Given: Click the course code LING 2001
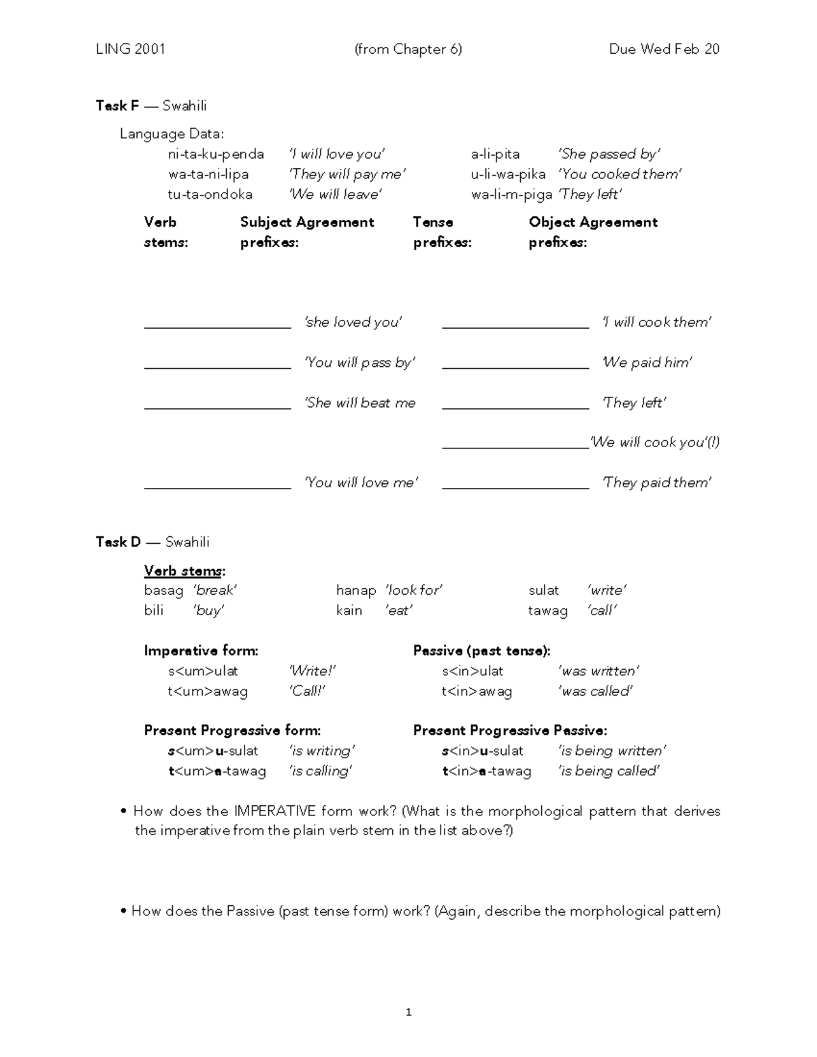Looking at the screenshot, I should click(130, 49).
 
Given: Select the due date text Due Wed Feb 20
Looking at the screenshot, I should click(664, 49).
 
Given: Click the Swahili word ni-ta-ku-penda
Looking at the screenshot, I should click(216, 154).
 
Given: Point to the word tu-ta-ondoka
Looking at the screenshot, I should click(210, 194).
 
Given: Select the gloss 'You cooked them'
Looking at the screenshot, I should click(620, 174).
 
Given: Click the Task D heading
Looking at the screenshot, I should click(118, 542).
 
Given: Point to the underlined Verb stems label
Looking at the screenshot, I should click(183, 570).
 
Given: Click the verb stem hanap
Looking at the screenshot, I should click(355, 590).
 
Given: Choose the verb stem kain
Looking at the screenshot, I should click(349, 611).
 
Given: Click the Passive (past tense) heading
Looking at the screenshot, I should click(481, 651).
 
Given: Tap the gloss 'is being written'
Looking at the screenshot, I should click(611, 751).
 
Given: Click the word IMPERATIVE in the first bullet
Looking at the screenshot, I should click(274, 811).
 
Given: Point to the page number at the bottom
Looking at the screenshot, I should click(408, 1012).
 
